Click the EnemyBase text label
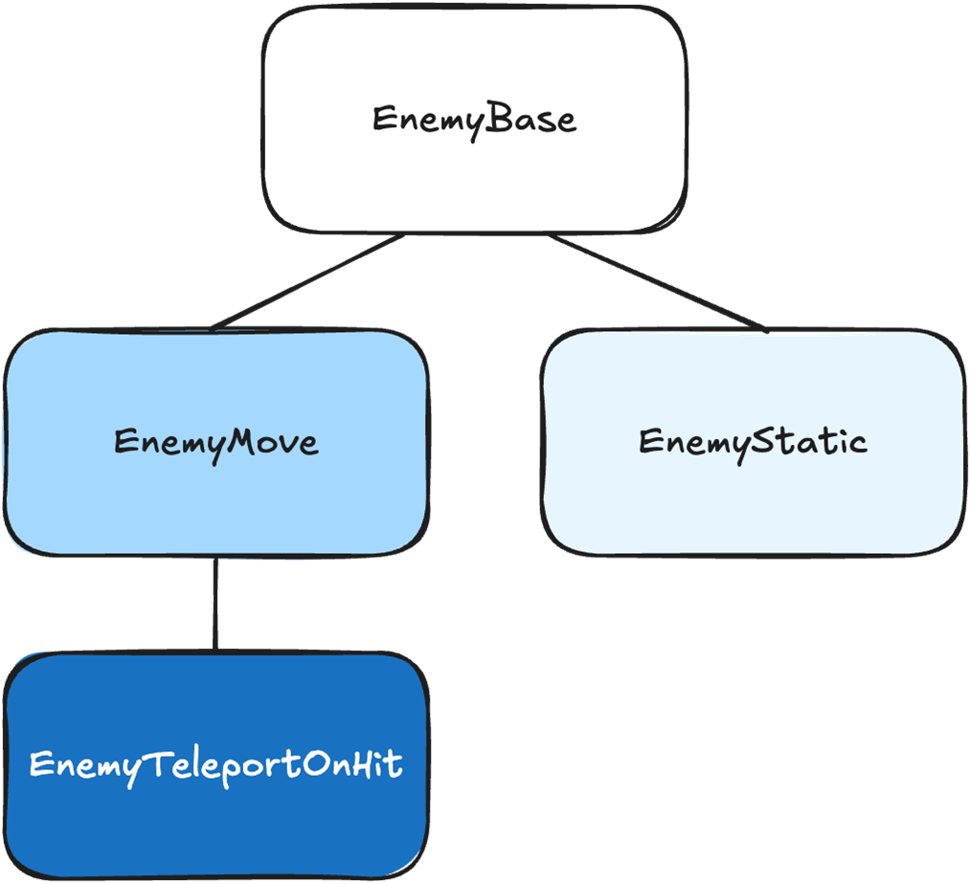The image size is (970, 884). coord(474,121)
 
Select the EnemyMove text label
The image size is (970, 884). coord(215,442)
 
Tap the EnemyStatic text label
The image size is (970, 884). coord(753,442)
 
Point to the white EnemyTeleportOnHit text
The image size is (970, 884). coord(215,765)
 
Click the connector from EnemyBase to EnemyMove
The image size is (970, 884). coord(306,281)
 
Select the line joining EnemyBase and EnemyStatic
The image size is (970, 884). coord(656,281)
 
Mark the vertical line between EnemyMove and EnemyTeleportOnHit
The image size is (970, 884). coord(215,603)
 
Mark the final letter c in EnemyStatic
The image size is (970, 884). coord(856,444)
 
